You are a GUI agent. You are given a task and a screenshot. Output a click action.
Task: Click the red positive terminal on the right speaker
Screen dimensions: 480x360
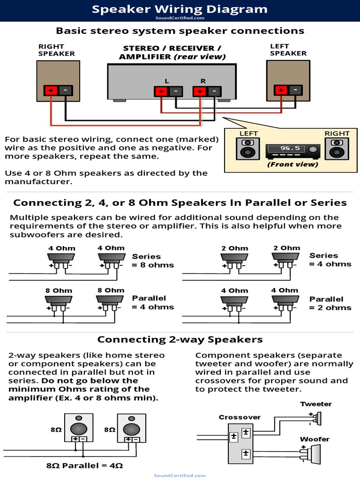click(51, 90)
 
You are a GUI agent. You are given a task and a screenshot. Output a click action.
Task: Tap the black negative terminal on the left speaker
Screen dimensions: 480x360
click(295, 90)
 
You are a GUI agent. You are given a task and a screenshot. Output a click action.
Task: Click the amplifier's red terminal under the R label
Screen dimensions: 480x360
click(200, 91)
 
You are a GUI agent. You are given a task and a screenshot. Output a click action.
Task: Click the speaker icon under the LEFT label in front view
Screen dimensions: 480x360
click(249, 149)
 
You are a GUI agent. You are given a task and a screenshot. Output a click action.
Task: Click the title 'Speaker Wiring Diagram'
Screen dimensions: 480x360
click(180, 9)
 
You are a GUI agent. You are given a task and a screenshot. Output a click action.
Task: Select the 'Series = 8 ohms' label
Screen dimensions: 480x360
click(153, 261)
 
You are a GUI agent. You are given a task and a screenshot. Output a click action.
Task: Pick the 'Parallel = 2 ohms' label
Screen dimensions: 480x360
click(330, 303)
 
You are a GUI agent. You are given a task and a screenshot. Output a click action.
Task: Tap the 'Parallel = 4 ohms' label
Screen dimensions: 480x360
click(153, 302)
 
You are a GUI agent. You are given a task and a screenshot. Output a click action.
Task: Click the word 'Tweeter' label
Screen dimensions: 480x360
click(316, 404)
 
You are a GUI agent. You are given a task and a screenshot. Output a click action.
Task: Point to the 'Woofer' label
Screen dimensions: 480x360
click(315, 439)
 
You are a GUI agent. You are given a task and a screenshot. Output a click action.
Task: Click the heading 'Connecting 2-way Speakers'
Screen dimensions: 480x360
click(180, 339)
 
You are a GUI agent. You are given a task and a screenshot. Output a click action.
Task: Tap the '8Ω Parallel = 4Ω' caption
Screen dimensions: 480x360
click(84, 466)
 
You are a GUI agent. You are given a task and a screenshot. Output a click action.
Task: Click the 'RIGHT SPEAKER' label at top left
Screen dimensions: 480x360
click(56, 50)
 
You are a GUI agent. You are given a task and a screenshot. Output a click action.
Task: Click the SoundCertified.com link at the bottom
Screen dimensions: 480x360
click(180, 475)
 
